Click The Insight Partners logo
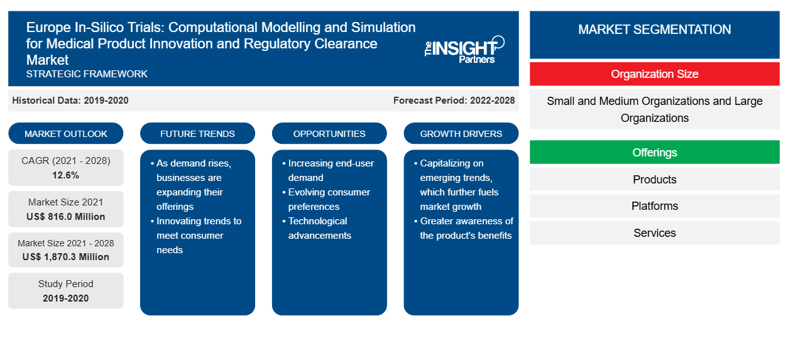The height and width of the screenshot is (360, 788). coord(464,50)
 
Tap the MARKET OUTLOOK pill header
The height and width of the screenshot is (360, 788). coord(66,134)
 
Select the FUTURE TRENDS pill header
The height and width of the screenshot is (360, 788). coord(197,134)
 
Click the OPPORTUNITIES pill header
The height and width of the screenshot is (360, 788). coord(329,134)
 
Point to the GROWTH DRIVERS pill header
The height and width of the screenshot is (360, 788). coord(461,134)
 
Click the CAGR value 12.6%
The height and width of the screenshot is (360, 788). coord(66,175)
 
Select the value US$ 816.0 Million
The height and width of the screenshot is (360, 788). coord(66,217)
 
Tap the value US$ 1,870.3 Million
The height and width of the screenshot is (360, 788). coord(66,257)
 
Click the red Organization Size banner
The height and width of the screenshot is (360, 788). coord(655,74)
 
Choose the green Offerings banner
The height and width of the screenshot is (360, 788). coord(655,152)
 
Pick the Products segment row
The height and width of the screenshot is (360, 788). coord(655,179)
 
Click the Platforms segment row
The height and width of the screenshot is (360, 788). coord(655,206)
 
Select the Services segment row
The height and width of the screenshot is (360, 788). coord(655,232)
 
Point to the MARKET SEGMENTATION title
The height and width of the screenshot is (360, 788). coord(655,29)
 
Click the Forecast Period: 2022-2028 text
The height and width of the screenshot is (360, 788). coord(454,101)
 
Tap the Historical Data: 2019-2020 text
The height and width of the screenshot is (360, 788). coord(70,101)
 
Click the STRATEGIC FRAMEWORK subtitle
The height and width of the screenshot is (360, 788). coord(87,74)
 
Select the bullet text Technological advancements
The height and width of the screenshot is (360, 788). coord(319,228)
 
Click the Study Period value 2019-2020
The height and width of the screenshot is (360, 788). coord(66,298)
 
